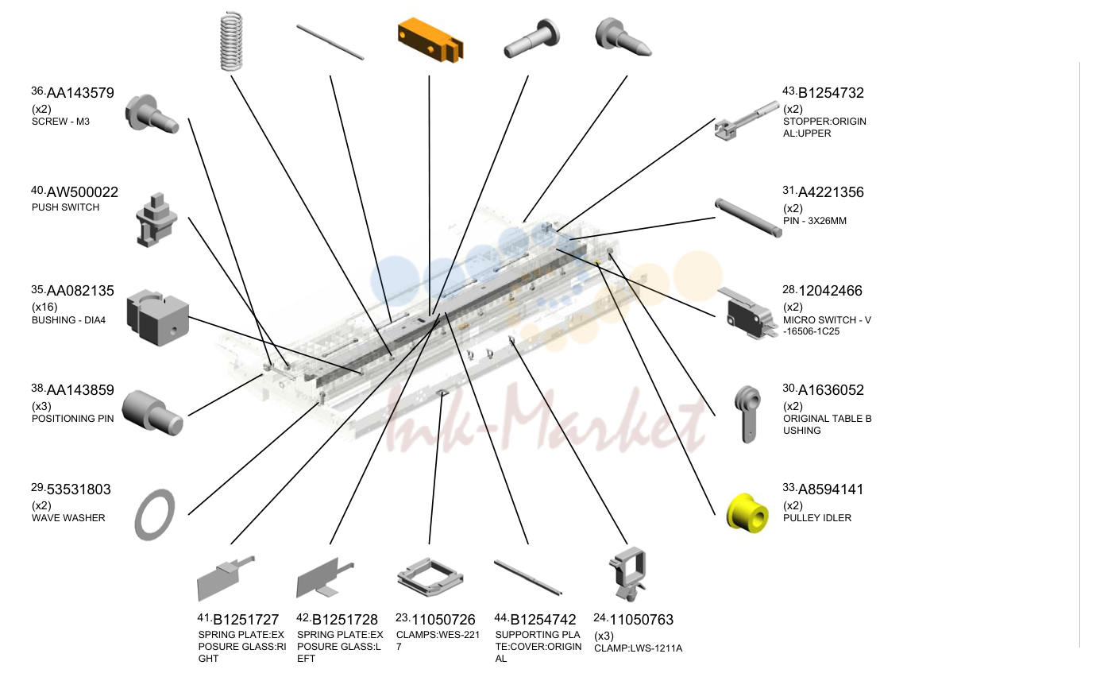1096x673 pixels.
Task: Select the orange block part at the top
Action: pyautogui.click(x=430, y=41)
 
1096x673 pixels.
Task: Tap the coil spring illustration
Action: pyautogui.click(x=231, y=41)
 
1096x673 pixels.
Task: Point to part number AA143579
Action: pyautogui.click(x=80, y=93)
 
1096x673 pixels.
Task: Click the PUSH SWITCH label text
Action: pyautogui.click(x=66, y=207)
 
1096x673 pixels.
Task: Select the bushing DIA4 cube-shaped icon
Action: pyautogui.click(x=157, y=318)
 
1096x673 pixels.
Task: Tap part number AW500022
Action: pyautogui.click(x=83, y=192)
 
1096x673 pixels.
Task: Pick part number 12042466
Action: pyautogui.click(x=830, y=292)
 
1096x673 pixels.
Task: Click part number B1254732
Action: pyautogui.click(x=831, y=93)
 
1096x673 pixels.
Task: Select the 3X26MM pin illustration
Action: pyautogui.click(x=748, y=218)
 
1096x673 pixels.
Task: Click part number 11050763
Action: pyautogui.click(x=642, y=620)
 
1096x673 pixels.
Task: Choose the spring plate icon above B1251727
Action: pyautogui.click(x=226, y=578)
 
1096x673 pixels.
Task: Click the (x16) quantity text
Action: pyautogui.click(x=44, y=307)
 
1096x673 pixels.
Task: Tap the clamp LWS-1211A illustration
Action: pyautogui.click(x=627, y=574)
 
